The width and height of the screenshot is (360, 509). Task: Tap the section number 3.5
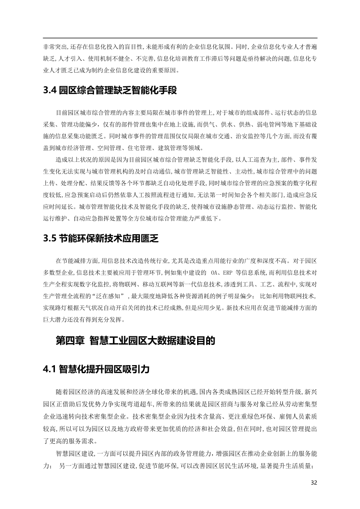tap(49, 239)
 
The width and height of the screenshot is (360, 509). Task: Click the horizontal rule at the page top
tap(180, 38)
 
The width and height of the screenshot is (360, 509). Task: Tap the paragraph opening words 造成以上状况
tap(73, 159)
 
